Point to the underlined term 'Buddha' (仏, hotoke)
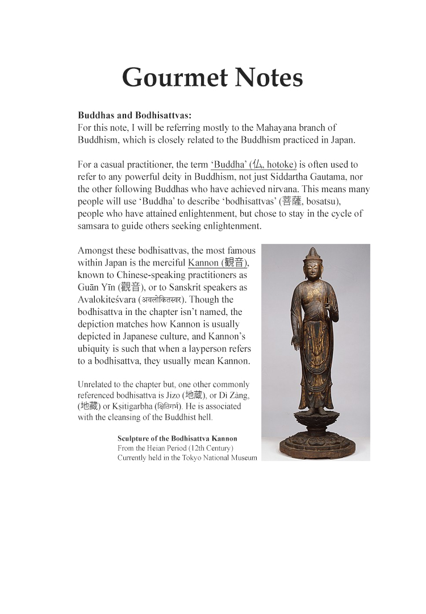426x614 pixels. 254,164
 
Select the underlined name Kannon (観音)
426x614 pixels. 218,263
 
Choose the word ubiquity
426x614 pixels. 97,349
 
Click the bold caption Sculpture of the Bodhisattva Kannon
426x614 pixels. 177,438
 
